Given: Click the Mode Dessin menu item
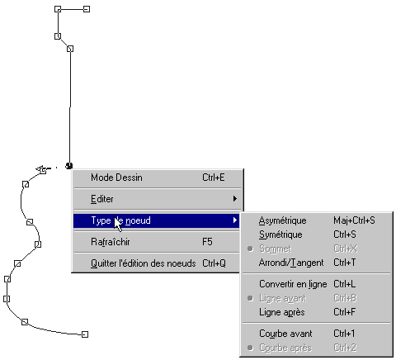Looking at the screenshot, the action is (x=117, y=178).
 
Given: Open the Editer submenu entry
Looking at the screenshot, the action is (x=102, y=199).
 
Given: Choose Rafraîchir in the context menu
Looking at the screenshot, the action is (x=111, y=242).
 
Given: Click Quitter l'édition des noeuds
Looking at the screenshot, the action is (x=144, y=263).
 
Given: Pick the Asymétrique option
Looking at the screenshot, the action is (x=283, y=220).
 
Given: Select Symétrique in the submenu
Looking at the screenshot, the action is (x=280, y=234).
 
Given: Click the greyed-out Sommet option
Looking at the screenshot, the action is (x=275, y=249).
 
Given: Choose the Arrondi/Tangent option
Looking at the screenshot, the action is (x=291, y=263).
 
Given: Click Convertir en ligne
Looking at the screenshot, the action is (x=293, y=284).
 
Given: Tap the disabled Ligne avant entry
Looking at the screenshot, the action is (x=283, y=298).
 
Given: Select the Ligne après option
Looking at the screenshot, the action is (x=282, y=312).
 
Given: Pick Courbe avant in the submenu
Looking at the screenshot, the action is (x=285, y=334).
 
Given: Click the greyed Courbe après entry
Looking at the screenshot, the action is (x=285, y=348).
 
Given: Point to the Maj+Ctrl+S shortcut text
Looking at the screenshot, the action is (x=354, y=220).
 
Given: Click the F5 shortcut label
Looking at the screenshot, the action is (x=207, y=242).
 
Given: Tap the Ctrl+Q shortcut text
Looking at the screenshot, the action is (x=214, y=263).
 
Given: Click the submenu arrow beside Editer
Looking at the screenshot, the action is (x=235, y=199).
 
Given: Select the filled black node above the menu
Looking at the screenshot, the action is (x=68, y=166).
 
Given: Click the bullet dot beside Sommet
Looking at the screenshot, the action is (x=250, y=249).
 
